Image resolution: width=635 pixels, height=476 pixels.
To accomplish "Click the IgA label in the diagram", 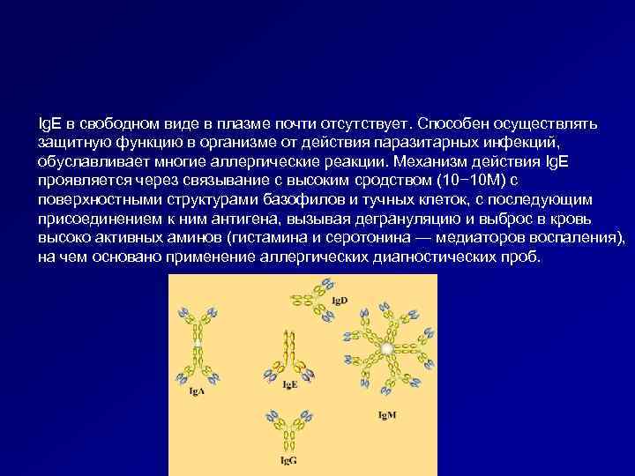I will tap(198, 391).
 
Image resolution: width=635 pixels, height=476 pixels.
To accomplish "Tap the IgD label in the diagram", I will tap(339, 301).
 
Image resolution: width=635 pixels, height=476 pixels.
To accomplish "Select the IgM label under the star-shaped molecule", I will tap(387, 415).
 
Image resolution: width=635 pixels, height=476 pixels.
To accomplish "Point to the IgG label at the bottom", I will tap(288, 460).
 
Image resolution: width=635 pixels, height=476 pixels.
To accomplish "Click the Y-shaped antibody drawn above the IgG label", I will tap(288, 427).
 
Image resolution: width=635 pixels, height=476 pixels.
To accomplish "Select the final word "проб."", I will tap(525, 257).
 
